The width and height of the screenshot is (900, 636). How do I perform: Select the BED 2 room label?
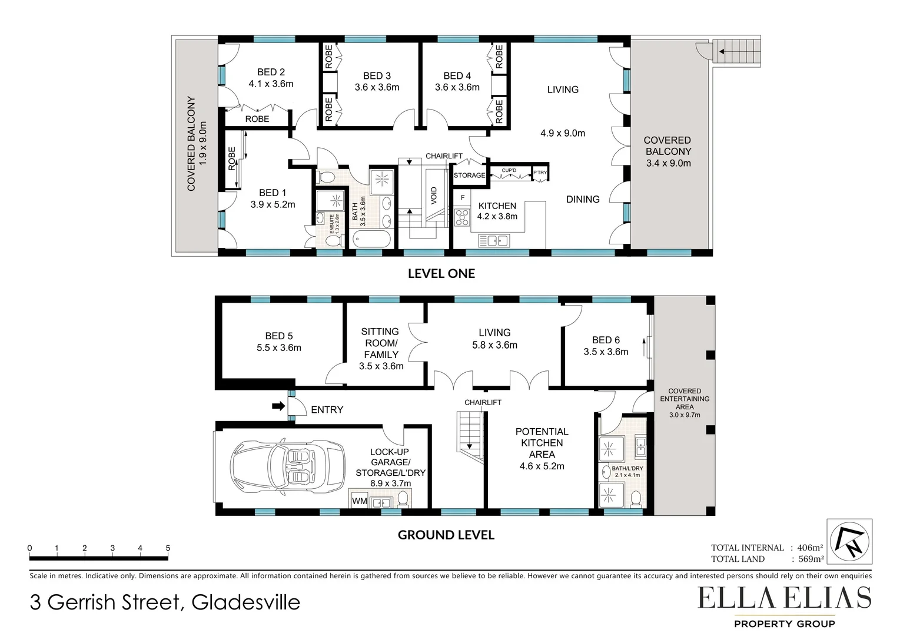point(271,72)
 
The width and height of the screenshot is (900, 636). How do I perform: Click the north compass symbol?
point(849,541)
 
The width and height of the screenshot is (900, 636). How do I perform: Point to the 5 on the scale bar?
point(168,548)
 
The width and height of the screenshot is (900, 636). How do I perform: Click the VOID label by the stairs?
point(434,196)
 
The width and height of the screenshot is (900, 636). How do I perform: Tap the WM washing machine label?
point(359,501)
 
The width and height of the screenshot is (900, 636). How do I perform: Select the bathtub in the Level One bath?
point(371,240)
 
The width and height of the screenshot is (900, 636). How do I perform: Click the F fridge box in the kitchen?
point(463,198)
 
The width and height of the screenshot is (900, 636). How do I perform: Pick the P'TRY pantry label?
point(540,173)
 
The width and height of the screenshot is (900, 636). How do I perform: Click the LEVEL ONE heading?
point(441,273)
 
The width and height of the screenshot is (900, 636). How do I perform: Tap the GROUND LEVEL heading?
point(446,535)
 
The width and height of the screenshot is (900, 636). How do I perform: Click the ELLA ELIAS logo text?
point(784,599)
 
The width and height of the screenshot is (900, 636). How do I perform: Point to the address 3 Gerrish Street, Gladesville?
point(165,602)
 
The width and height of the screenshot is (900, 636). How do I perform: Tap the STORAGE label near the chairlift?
point(469,175)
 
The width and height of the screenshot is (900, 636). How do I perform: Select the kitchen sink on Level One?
point(494,240)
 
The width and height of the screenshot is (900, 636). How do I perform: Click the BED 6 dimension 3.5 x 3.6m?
point(606,352)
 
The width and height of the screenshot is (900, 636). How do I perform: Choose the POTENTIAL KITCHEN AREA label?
point(542,443)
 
